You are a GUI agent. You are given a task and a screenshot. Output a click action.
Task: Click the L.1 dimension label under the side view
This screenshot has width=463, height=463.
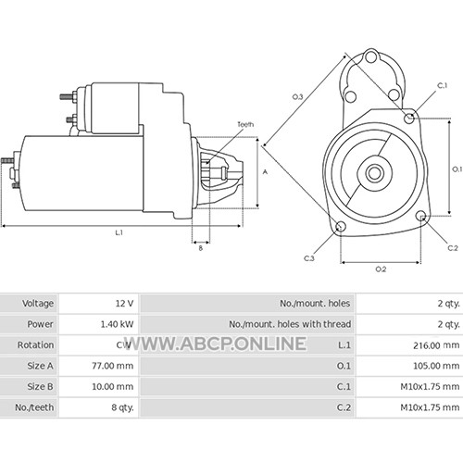(119, 232)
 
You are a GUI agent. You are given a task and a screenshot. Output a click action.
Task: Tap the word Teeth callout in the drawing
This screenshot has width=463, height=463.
(245, 124)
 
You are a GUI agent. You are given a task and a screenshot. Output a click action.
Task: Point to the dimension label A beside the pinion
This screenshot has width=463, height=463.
(265, 172)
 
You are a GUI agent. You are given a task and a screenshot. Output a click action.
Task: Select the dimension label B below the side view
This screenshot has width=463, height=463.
(201, 248)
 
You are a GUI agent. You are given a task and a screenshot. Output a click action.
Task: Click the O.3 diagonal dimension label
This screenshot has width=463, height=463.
(298, 97)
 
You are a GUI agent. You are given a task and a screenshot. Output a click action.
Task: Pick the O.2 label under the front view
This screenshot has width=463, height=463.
(381, 269)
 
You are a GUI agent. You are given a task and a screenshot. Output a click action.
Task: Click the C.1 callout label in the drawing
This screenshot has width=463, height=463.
(443, 85)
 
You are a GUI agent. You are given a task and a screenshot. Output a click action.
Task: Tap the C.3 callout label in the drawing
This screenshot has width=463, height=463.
(309, 258)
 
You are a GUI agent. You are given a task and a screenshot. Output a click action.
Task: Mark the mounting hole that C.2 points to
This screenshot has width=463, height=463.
(420, 217)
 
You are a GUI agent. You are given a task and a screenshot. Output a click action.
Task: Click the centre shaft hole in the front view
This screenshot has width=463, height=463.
(374, 173)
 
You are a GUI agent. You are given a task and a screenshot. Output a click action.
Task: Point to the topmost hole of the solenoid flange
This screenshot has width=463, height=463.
(370, 57)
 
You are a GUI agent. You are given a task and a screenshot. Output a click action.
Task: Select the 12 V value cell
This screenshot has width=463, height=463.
(124, 304)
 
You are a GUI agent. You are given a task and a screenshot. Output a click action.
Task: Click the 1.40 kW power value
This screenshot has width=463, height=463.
(117, 324)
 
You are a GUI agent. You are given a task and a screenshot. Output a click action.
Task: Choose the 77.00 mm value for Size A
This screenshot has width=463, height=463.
(113, 366)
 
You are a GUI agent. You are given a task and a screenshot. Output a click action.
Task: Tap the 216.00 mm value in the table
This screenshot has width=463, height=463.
(436, 345)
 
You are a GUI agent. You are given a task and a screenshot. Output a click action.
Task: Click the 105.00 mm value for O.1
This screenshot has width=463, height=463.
(436, 366)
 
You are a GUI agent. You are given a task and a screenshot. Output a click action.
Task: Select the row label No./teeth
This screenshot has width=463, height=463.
(34, 407)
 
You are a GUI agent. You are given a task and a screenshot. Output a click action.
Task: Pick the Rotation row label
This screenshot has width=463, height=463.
(35, 344)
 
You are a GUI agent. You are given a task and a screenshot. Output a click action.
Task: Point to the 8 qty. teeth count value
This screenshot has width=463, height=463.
(122, 407)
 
